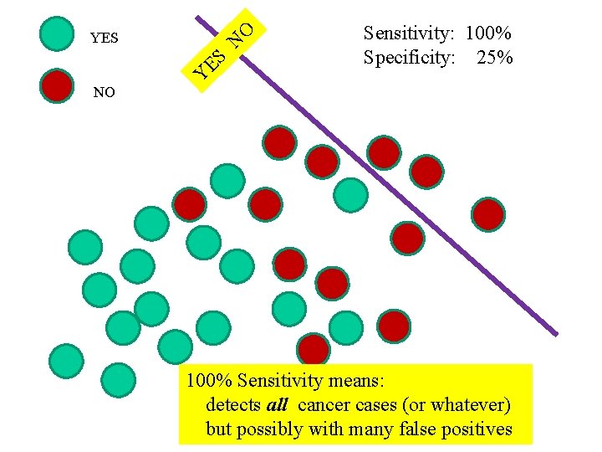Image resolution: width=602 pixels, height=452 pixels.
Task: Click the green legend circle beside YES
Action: coord(57,34)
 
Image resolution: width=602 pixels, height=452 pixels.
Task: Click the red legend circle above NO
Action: coord(57,85)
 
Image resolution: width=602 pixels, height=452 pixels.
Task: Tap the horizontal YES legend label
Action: coord(105,39)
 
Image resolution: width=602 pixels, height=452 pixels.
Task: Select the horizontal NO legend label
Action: coord(105,93)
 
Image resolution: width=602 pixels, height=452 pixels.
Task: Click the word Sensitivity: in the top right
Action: coord(409,33)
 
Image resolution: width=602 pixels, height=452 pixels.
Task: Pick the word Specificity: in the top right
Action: coord(410,58)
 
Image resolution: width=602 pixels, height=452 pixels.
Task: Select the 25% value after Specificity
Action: coord(495,58)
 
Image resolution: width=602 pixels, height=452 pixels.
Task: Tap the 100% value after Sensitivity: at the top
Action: coord(488,33)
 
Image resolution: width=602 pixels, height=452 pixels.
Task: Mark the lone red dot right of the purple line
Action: coord(488,214)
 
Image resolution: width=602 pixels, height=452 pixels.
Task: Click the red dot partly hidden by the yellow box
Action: coord(314,350)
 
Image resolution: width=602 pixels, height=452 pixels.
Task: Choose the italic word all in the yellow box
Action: coord(278,406)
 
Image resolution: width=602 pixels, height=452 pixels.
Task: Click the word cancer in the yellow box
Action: coord(324,406)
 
